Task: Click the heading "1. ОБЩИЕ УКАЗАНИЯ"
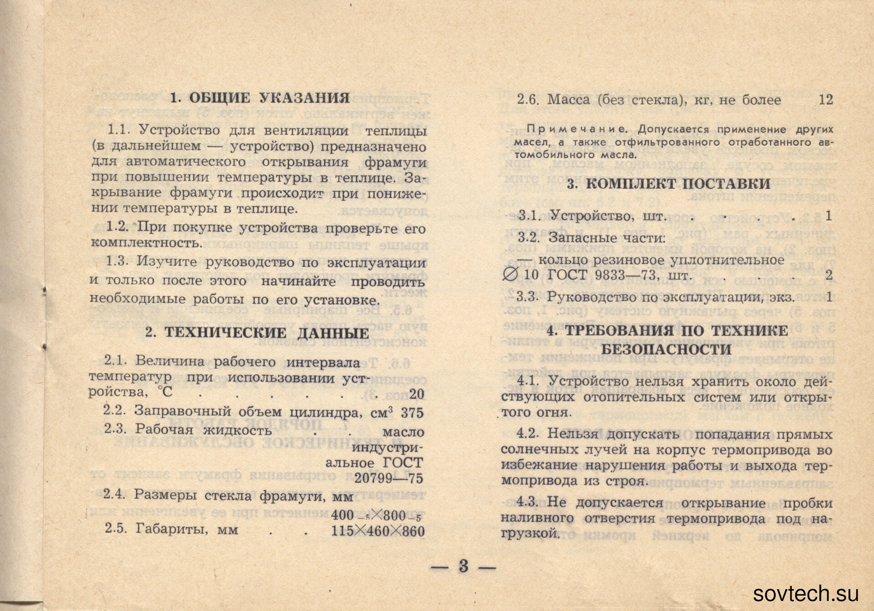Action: (259, 98)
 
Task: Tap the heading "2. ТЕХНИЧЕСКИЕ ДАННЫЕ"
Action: (257, 333)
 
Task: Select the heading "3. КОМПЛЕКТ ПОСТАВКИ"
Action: (669, 184)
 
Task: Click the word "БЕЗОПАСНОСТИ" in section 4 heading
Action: (666, 350)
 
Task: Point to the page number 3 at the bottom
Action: (463, 566)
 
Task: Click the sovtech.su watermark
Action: (806, 594)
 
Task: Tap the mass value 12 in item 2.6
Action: (826, 100)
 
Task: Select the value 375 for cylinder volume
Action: (412, 413)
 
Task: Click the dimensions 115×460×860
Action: (378, 531)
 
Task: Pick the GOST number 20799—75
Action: (389, 479)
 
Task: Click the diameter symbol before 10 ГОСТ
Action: (510, 275)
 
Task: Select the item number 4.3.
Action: (527, 502)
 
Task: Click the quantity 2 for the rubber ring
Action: (829, 275)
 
